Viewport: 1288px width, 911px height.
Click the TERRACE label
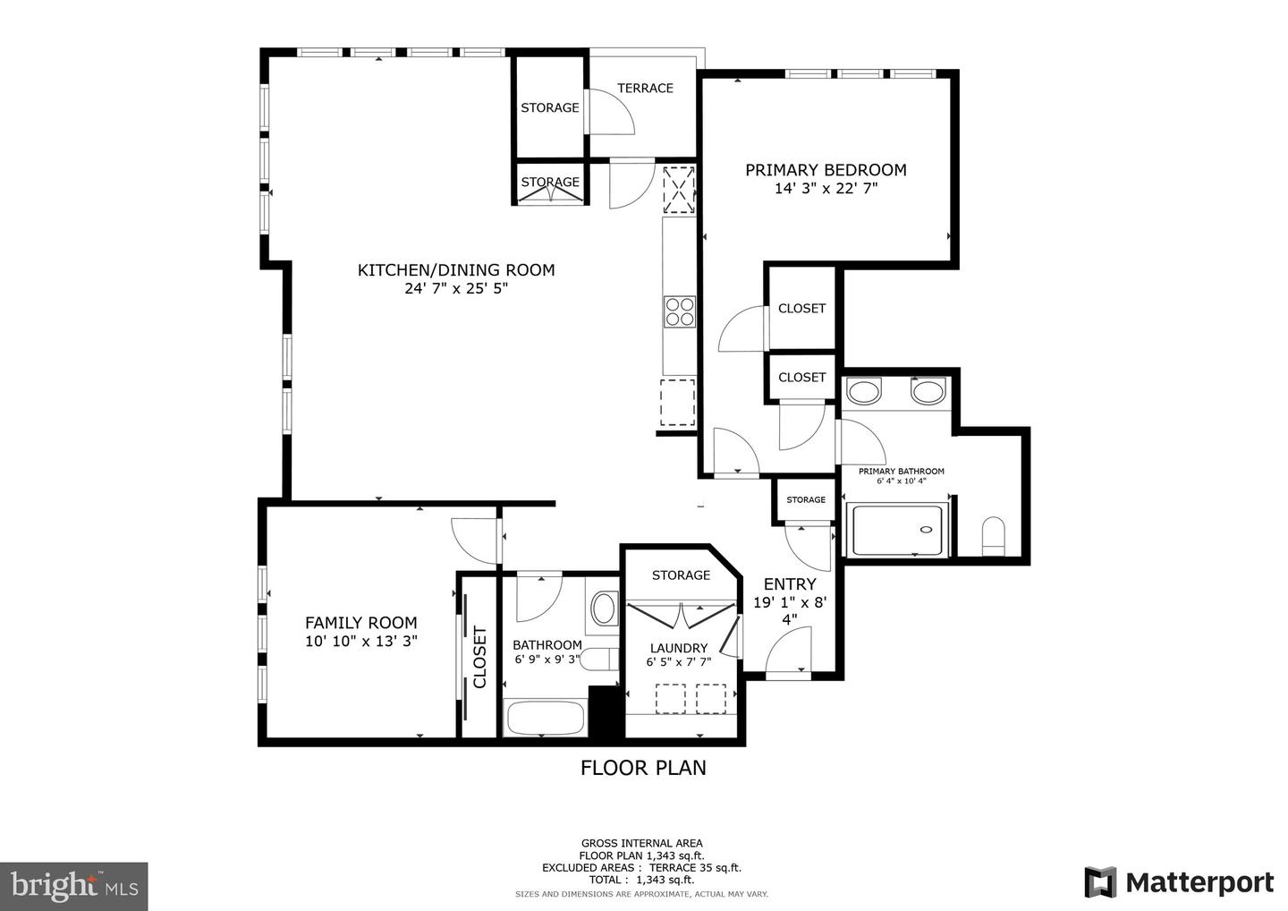pyautogui.click(x=645, y=88)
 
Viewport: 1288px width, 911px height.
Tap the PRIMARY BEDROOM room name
pyautogui.click(x=826, y=170)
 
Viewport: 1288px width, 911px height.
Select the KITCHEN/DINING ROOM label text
pyautogui.click(x=456, y=269)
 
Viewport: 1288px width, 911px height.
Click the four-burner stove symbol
pyautogui.click(x=680, y=311)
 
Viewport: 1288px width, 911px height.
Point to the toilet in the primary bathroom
pyautogui.click(x=993, y=537)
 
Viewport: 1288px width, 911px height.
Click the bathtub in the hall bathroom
pyautogui.click(x=545, y=718)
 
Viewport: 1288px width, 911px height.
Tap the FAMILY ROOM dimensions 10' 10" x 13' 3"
pyautogui.click(x=361, y=641)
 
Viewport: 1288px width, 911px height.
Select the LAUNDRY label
pyautogui.click(x=679, y=648)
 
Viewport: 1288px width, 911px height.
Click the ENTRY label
pyautogui.click(x=790, y=583)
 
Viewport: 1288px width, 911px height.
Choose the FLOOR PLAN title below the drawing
pyautogui.click(x=643, y=768)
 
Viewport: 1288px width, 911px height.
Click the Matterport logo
pyautogui.click(x=1179, y=882)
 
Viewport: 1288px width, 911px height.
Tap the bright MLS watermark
pyautogui.click(x=74, y=886)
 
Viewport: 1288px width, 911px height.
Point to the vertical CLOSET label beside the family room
pyautogui.click(x=479, y=657)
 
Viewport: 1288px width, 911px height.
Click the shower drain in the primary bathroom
pyautogui.click(x=926, y=530)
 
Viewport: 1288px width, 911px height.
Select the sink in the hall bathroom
pyautogui.click(x=603, y=609)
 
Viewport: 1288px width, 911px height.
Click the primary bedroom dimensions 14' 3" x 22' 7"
pyautogui.click(x=826, y=189)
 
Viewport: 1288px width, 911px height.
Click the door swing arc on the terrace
pyautogui.click(x=621, y=106)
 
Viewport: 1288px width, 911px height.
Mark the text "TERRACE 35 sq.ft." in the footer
pyautogui.click(x=695, y=868)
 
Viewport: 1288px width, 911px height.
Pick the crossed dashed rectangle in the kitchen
pyautogui.click(x=679, y=190)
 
